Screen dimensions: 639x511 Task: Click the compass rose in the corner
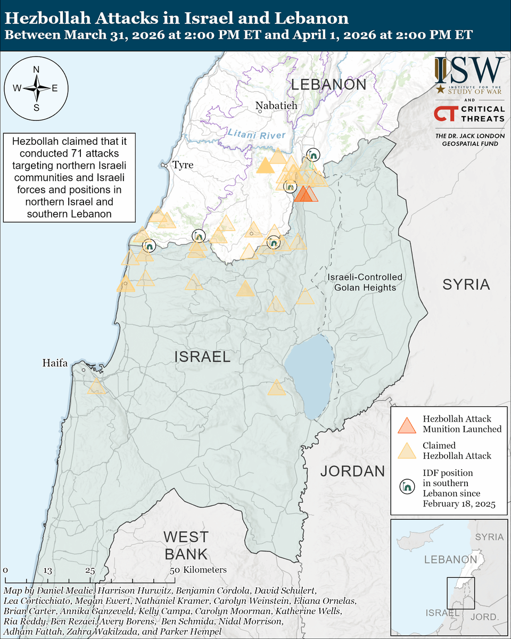tap(36, 88)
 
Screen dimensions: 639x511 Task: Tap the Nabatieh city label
tap(276, 105)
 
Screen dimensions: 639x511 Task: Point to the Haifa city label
tap(55, 363)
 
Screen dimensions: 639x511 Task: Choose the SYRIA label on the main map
tap(466, 284)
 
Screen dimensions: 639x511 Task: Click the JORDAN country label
tap(352, 471)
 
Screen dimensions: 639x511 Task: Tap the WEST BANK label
tap(185, 545)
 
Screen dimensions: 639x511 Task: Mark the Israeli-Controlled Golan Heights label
tap(365, 282)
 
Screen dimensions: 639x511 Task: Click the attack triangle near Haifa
tap(97, 387)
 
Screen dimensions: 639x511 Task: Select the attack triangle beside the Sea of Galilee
tap(276, 388)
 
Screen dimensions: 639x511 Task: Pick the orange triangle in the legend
tap(406, 424)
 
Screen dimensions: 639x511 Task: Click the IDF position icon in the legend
tap(407, 486)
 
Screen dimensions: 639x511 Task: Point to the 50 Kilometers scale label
tap(198, 570)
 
